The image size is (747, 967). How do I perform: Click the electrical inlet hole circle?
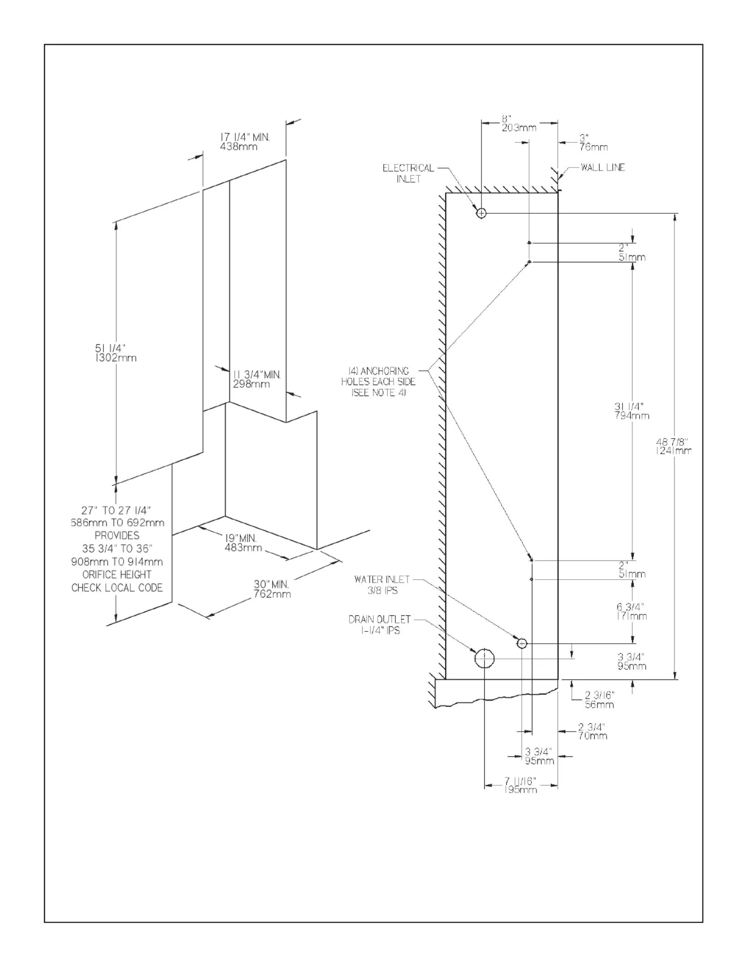tap(481, 213)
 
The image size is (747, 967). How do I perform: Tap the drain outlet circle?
tap(485, 658)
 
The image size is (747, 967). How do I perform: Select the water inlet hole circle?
tap(522, 644)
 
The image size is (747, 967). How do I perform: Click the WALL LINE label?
tap(602, 168)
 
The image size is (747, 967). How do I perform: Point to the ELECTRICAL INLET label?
tap(408, 174)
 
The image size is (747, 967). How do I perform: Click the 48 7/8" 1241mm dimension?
tap(673, 446)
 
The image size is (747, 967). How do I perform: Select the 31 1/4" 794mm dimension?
tap(632, 411)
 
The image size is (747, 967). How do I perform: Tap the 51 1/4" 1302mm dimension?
tap(115, 353)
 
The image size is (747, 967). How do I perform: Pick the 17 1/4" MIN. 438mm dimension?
tap(245, 141)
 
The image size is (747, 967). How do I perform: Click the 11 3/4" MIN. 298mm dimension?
tap(257, 379)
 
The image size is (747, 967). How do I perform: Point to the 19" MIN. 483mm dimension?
tap(243, 543)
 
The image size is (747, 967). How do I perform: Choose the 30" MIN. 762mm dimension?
tap(272, 589)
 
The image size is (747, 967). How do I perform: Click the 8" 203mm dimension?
tap(519, 123)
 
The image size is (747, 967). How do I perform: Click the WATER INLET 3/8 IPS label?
tap(382, 585)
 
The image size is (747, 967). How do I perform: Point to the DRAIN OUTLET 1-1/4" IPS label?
tap(380, 625)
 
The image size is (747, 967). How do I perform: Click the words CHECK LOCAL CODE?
tap(117, 587)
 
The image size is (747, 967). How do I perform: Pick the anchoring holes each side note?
tap(379, 382)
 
